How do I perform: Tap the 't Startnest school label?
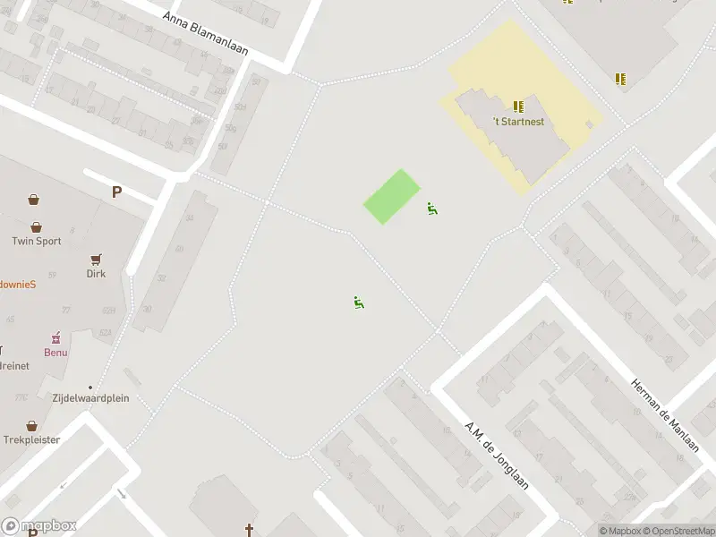point(518,122)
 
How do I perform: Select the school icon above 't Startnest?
point(518,107)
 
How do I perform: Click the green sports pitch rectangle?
point(392,197)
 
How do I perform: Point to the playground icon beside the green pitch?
point(432,209)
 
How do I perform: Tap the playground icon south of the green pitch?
point(359,302)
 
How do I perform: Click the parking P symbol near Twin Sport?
point(116,192)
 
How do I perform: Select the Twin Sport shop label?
point(37,241)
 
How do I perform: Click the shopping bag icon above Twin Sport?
point(37,226)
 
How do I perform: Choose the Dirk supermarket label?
point(96,274)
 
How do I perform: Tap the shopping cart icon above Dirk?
point(96,259)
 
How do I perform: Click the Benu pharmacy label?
point(55,353)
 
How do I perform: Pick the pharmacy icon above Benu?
point(55,337)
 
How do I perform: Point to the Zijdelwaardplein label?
point(90,397)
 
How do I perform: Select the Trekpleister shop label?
point(31,440)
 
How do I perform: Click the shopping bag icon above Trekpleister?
point(31,425)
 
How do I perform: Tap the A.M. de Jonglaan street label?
point(497,454)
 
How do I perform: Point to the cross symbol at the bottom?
point(250,530)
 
